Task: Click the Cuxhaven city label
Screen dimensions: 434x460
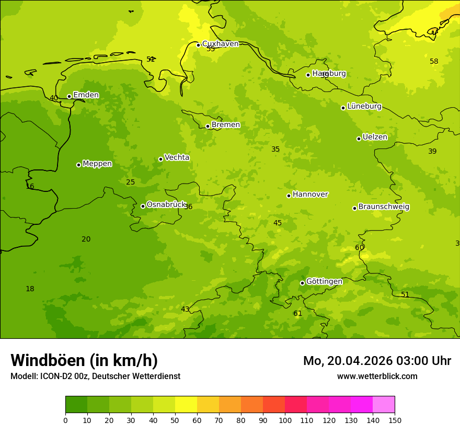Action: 220,44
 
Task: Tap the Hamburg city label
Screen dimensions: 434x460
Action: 329,74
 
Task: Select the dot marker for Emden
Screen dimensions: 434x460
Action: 69,96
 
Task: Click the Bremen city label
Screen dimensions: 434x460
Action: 226,125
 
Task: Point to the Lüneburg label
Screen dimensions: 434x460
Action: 364,107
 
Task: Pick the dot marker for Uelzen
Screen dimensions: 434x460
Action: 359,139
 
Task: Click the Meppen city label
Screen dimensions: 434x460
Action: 97,164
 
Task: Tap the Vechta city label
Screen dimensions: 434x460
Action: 177,157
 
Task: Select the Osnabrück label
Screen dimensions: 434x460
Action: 166,205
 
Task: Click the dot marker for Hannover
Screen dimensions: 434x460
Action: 289,196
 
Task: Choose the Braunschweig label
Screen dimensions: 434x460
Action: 384,207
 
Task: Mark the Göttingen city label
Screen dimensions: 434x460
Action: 324,282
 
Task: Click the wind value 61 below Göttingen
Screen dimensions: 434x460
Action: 297,314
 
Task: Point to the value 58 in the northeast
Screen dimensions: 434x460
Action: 434,62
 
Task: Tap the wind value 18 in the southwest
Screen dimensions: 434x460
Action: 30,289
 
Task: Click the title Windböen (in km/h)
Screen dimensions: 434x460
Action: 84,360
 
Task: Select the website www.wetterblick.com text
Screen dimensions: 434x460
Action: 377,376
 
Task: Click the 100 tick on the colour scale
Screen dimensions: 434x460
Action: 285,420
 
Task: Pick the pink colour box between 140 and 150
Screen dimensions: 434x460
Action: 384,404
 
